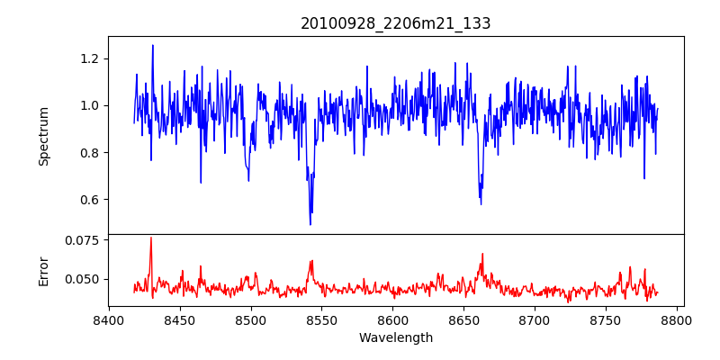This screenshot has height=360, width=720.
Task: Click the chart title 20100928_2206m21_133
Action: (x=395, y=23)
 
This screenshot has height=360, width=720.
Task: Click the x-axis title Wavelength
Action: (x=395, y=338)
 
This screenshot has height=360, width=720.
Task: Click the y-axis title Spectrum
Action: (x=43, y=136)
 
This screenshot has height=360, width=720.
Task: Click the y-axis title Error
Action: (x=43, y=271)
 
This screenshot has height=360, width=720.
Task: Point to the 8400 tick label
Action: (x=109, y=319)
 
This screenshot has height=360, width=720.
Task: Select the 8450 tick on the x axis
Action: (x=180, y=319)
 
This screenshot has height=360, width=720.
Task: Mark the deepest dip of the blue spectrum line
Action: (x=310, y=224)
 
